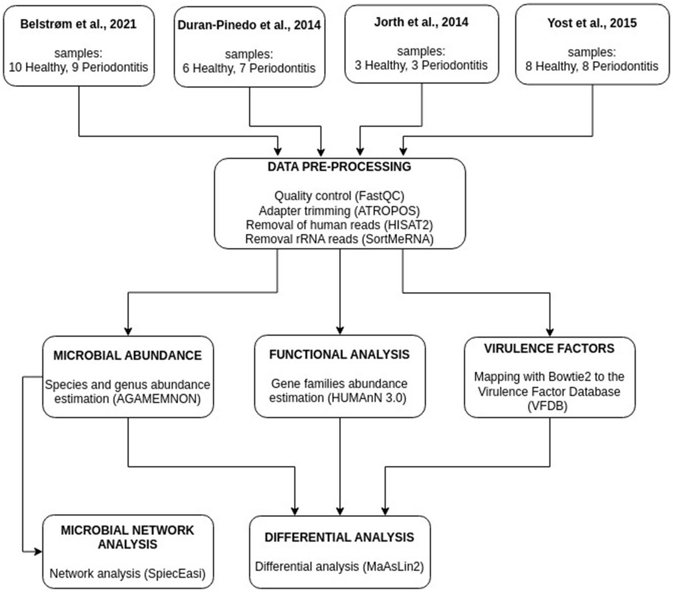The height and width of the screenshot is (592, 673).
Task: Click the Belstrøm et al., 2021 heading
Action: [x=79, y=24]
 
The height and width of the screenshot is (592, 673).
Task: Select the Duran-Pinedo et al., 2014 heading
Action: [x=249, y=25]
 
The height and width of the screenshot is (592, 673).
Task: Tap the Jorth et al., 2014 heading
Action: [x=421, y=22]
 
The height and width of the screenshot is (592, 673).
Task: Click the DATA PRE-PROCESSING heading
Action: [x=339, y=167]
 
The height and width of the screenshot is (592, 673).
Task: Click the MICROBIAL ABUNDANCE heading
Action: [x=127, y=355]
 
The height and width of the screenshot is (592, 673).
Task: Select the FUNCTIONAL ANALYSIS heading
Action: [x=339, y=355]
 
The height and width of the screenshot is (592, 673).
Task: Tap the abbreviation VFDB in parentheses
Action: [x=550, y=406]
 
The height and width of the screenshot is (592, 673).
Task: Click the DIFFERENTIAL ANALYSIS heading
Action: [x=339, y=537]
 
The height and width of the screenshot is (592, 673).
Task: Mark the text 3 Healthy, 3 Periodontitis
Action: [x=421, y=65]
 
